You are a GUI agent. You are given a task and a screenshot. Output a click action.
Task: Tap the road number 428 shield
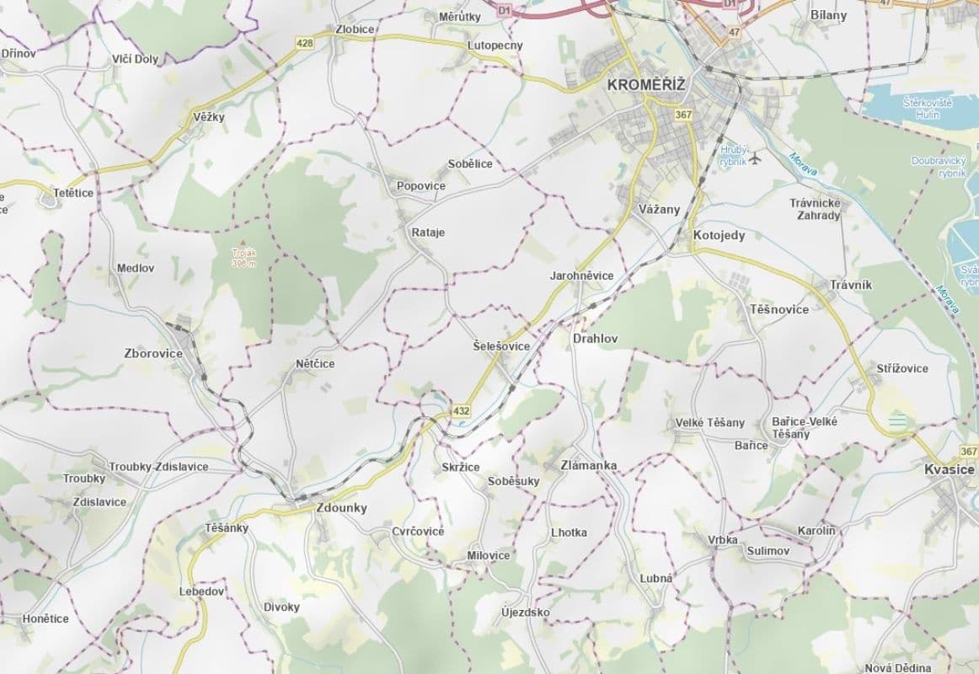click(304, 43)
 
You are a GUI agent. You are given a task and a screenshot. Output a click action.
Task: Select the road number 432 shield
click(461, 411)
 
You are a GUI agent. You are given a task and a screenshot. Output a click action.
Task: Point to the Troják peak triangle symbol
click(243, 243)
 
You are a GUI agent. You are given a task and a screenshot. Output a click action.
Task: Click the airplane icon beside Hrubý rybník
click(754, 157)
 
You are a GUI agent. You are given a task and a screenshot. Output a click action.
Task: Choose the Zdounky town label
click(341, 508)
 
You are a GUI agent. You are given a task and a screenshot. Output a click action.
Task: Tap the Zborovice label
click(152, 353)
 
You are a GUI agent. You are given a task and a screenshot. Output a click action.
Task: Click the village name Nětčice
click(315, 364)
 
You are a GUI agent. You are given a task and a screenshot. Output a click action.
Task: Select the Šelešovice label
click(501, 346)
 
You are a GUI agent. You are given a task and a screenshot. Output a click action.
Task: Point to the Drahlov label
click(595, 339)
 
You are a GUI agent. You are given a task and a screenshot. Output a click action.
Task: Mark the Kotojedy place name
click(719, 235)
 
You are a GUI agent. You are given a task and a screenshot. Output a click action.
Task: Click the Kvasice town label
click(948, 469)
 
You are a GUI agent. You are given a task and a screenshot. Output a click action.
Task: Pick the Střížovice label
click(902, 368)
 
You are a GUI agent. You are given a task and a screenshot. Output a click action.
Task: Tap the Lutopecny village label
click(495, 45)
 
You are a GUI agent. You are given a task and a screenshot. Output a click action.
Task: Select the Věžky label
click(209, 117)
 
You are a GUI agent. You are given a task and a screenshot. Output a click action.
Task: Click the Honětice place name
click(45, 618)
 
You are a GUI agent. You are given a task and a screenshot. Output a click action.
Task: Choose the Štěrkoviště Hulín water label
click(927, 107)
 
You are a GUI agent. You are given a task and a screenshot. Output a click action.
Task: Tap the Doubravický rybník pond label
click(939, 166)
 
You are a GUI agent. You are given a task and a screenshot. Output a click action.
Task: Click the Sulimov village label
click(768, 551)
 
